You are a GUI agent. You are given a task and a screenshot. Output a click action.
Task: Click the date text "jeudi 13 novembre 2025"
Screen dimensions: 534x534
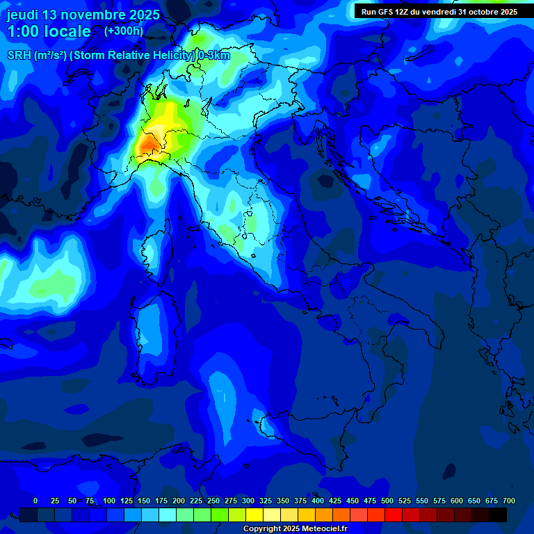(83, 15)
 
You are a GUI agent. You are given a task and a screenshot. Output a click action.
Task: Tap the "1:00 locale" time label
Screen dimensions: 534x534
(49, 31)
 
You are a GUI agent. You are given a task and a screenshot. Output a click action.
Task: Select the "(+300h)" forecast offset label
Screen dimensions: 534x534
(124, 31)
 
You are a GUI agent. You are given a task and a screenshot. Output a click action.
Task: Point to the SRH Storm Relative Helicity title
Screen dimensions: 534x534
(118, 56)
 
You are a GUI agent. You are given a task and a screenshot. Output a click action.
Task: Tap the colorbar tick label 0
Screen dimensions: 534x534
(35, 501)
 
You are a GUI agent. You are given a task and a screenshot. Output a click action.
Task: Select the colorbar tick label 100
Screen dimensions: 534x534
(109, 501)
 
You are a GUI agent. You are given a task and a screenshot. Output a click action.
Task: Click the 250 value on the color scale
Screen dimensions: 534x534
(213, 501)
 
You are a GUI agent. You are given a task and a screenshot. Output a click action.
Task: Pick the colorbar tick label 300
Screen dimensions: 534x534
(248, 501)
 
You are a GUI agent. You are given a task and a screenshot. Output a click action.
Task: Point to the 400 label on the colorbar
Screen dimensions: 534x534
(318, 501)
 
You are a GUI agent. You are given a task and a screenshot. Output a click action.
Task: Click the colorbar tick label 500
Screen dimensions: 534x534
(387, 501)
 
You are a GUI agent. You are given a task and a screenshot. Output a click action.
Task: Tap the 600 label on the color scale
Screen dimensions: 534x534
(457, 501)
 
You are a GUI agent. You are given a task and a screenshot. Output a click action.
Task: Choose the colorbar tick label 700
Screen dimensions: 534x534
(508, 501)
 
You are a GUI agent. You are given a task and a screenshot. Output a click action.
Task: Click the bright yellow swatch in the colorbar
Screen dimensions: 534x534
(254, 515)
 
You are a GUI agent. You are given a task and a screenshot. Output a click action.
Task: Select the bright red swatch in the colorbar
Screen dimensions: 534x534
(394, 515)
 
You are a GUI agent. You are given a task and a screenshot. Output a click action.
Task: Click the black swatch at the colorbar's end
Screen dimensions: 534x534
(498, 515)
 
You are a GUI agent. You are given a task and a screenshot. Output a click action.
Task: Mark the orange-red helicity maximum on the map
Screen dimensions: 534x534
(149, 145)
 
